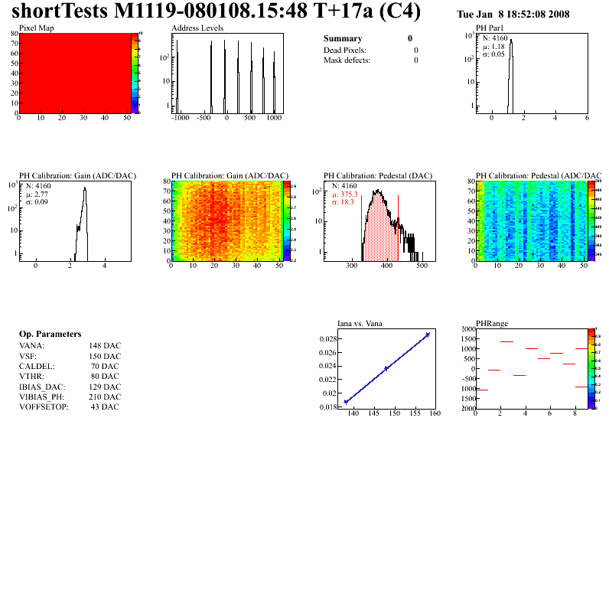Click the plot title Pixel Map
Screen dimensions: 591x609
coord(36,28)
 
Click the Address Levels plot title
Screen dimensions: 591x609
coord(197,28)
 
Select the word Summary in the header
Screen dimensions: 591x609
coord(343,38)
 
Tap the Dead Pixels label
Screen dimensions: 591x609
coord(345,50)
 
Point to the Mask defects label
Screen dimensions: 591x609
coord(347,60)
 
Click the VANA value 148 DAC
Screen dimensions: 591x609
coord(105,346)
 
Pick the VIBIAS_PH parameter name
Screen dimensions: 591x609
coord(42,397)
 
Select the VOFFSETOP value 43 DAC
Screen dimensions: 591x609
coord(105,407)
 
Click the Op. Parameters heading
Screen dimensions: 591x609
coord(50,335)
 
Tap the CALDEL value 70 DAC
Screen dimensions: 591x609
coord(105,366)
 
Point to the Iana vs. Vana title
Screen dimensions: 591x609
coord(360,324)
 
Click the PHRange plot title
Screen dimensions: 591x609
coord(492,324)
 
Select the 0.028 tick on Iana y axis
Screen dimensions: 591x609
coord(327,338)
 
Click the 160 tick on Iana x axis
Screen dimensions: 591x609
coord(435,414)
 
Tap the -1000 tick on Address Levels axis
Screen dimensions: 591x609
coord(180,119)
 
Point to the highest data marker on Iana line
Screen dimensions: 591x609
coord(428,335)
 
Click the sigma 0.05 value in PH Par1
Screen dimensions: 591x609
coord(493,54)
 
